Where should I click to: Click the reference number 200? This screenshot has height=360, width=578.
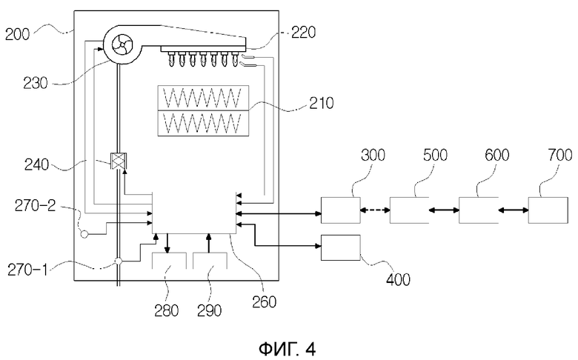click(17, 34)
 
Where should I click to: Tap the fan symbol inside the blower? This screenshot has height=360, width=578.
click(121, 45)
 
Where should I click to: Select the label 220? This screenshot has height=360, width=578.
click(303, 32)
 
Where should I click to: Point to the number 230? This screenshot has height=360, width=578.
click(36, 83)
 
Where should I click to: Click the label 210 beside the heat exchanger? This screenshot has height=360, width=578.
click(321, 103)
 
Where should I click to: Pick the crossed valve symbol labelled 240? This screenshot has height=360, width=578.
click(119, 161)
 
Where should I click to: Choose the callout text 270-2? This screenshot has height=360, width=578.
click(35, 205)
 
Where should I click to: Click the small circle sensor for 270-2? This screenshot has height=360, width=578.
click(84, 234)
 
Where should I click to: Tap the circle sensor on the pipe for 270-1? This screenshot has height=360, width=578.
click(119, 261)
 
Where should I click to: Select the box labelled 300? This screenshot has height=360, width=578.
click(341, 210)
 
